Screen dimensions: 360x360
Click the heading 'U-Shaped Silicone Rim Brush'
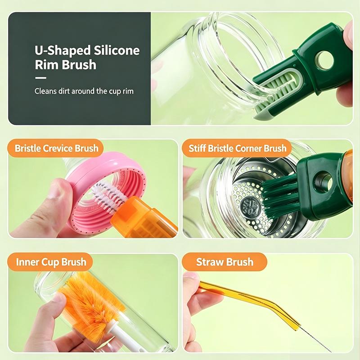[87, 58]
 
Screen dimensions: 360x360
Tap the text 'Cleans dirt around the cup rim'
[84, 91]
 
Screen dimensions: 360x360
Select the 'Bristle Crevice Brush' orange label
[56, 148]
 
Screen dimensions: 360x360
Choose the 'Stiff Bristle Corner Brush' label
[238, 148]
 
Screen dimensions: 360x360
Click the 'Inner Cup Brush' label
[51, 262]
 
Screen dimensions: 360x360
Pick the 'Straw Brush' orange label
[225, 262]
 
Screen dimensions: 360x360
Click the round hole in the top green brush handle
[324, 60]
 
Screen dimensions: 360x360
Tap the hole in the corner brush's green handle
[323, 181]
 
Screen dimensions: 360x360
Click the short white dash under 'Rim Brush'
[40, 78]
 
